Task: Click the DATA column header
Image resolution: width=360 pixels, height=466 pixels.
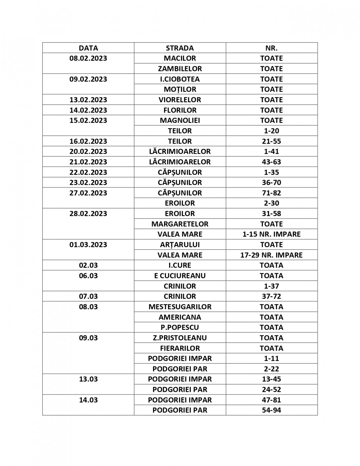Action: click(x=88, y=48)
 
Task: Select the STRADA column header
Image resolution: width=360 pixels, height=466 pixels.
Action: click(x=180, y=48)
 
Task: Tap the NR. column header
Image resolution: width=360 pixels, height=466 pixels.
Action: click(x=271, y=48)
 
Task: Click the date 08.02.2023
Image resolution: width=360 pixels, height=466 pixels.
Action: click(x=88, y=58)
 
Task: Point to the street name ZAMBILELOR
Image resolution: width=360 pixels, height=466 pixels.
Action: click(x=180, y=69)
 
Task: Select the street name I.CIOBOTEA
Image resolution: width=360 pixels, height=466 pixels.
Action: click(x=180, y=79)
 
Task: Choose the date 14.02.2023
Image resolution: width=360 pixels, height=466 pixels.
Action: click(x=88, y=110)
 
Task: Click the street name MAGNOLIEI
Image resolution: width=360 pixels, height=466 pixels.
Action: click(x=180, y=120)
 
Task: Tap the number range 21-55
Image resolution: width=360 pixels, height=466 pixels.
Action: click(x=271, y=141)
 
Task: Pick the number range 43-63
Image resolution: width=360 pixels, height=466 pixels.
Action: click(x=271, y=162)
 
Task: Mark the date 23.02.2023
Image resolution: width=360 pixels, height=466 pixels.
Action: click(x=88, y=182)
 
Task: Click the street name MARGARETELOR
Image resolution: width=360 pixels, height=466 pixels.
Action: click(x=180, y=224)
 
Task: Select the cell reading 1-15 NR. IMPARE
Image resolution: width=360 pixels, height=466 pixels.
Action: click(x=271, y=234)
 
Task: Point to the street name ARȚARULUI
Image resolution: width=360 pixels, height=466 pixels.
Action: click(x=180, y=245)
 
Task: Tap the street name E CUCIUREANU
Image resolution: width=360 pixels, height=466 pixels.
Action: click(x=180, y=276)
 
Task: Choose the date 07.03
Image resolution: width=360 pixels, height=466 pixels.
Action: click(x=88, y=296)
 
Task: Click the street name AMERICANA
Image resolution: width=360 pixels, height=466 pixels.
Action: click(x=180, y=317)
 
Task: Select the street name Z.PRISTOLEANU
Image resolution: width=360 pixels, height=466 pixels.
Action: click(x=180, y=338)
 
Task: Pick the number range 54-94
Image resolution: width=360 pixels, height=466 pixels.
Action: click(x=271, y=410)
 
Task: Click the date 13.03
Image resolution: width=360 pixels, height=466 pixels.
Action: click(x=88, y=379)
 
